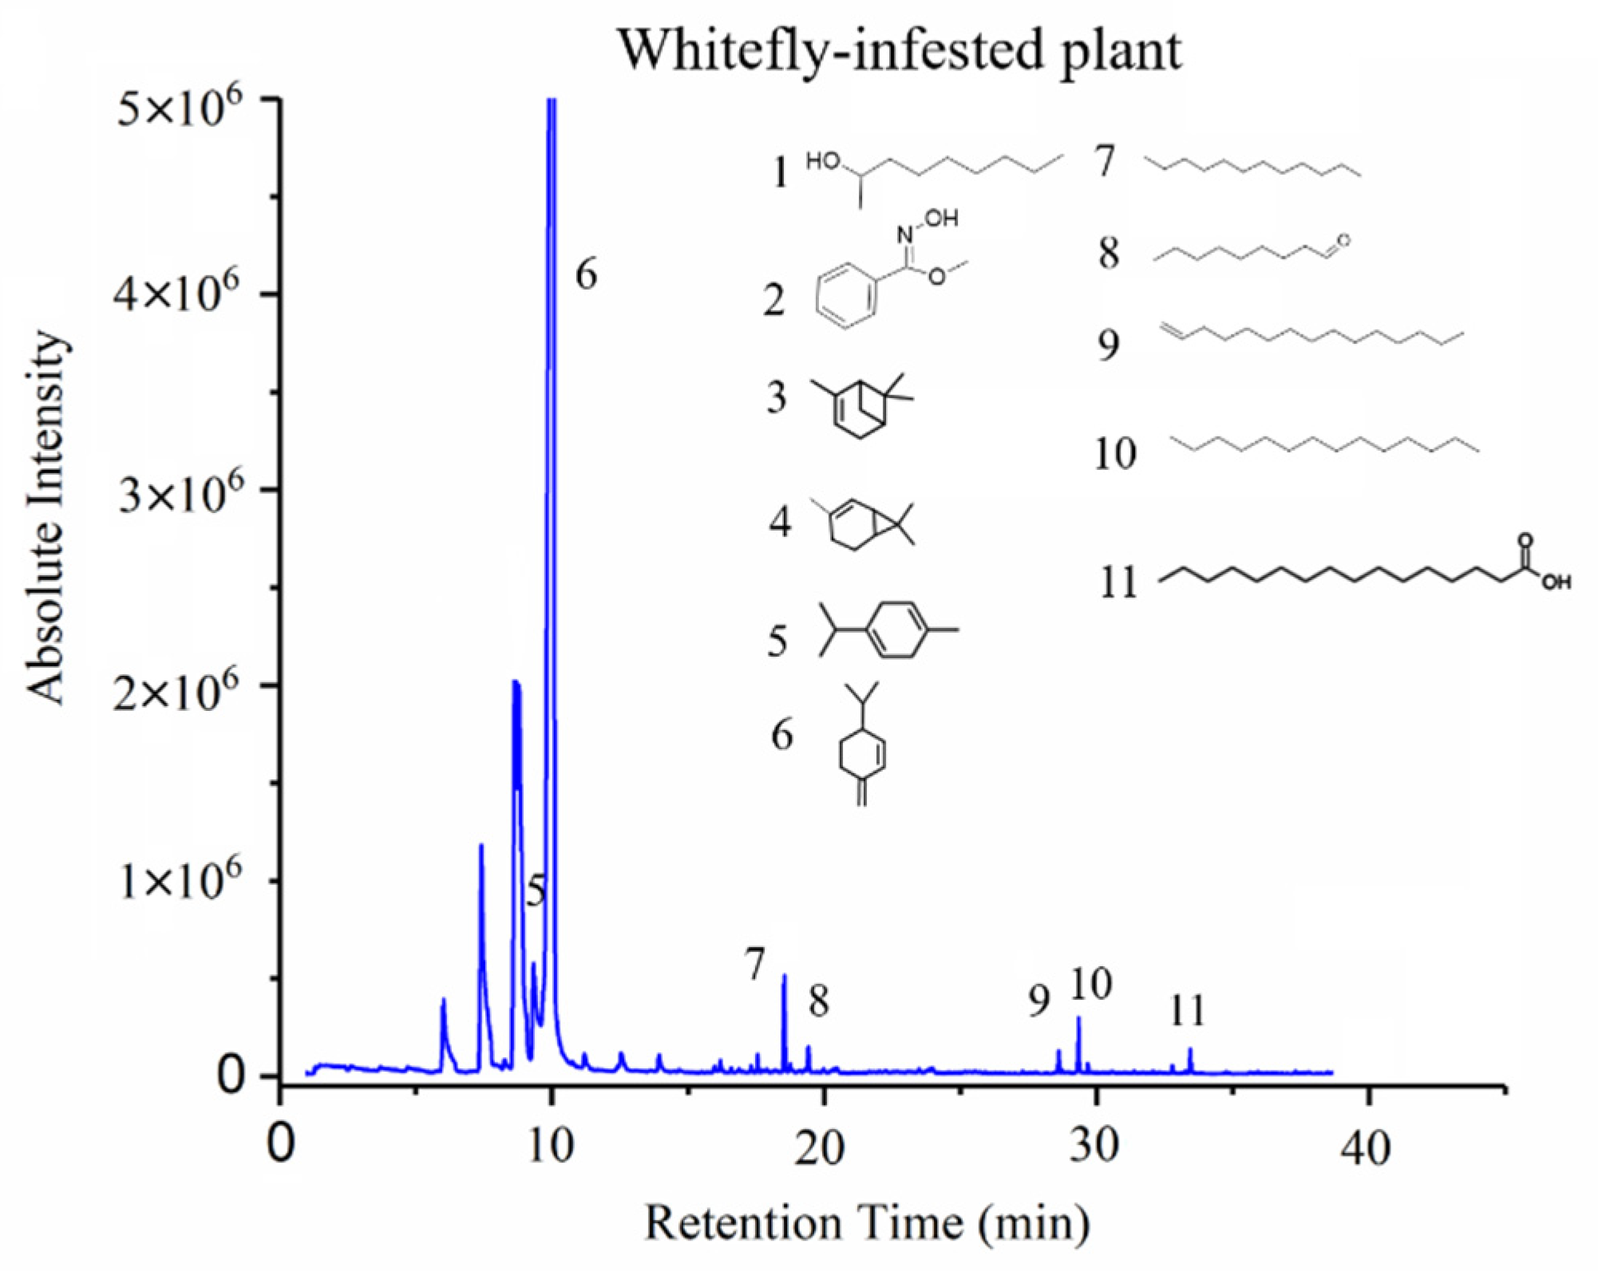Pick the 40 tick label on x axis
1367,1147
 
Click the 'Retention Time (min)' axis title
867,1223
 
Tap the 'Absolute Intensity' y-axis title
45,519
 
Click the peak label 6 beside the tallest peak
586,274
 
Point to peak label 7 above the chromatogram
755,964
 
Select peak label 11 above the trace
1187,1012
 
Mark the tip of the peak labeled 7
784,976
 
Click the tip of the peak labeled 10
1078,1017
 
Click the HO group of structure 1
823,163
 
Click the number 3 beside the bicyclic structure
776,397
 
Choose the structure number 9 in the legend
1108,345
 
